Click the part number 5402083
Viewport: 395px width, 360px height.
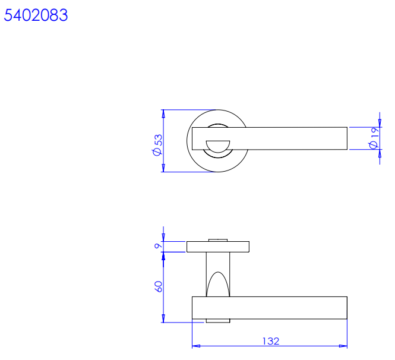pyautogui.click(x=36, y=15)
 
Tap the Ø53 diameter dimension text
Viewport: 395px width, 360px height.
pyautogui.click(x=157, y=145)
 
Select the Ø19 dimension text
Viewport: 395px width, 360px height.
pyautogui.click(x=374, y=138)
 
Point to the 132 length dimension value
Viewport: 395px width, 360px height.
pyautogui.click(x=271, y=341)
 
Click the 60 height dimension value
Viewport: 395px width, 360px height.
pyautogui.click(x=158, y=286)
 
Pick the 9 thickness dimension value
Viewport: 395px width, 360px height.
pyautogui.click(x=158, y=245)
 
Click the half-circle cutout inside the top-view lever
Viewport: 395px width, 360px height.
pyautogui.click(x=218, y=146)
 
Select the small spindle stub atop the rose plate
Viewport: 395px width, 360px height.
pyautogui.click(x=218, y=240)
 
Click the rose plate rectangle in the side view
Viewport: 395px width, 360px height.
pyautogui.click(x=218, y=247)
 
